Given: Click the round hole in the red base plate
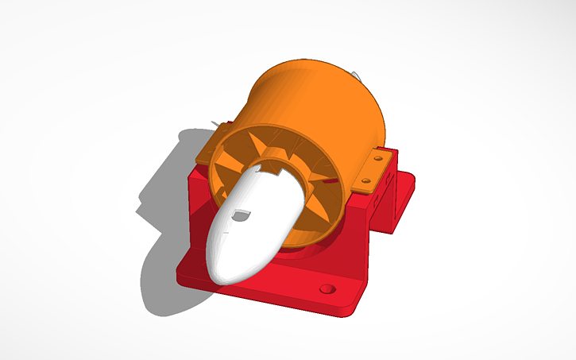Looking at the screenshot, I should pyautogui.click(x=327, y=287).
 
